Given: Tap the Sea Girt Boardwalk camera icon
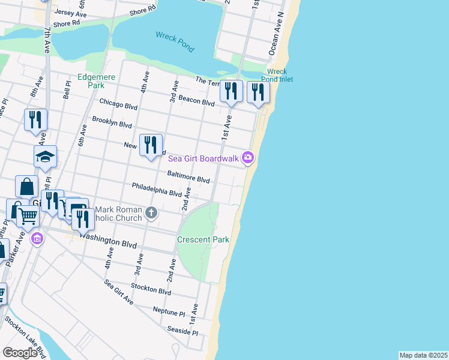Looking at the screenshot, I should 248,158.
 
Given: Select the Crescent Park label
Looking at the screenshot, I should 203,239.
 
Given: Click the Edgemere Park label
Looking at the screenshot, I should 91,82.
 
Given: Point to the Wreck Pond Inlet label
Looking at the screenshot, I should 277,75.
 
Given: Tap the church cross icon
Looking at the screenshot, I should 152,212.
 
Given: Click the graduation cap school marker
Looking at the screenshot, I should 45,157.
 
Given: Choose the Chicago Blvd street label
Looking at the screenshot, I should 119,104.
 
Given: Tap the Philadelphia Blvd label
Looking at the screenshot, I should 157,190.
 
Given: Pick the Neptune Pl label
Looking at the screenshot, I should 169,312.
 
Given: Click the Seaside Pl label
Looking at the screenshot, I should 183,331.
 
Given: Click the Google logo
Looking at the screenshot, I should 20,353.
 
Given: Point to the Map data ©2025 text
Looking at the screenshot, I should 423,355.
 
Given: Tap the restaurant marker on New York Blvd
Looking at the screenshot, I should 151,145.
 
